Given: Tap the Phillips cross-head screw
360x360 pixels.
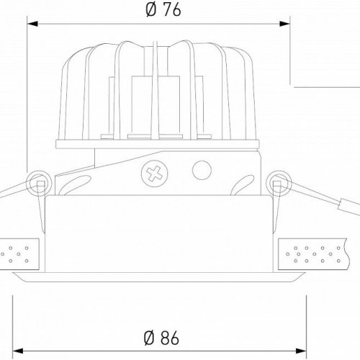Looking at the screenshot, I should tap(154, 174).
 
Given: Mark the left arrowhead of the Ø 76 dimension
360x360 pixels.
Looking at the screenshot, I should tap(32, 24).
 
